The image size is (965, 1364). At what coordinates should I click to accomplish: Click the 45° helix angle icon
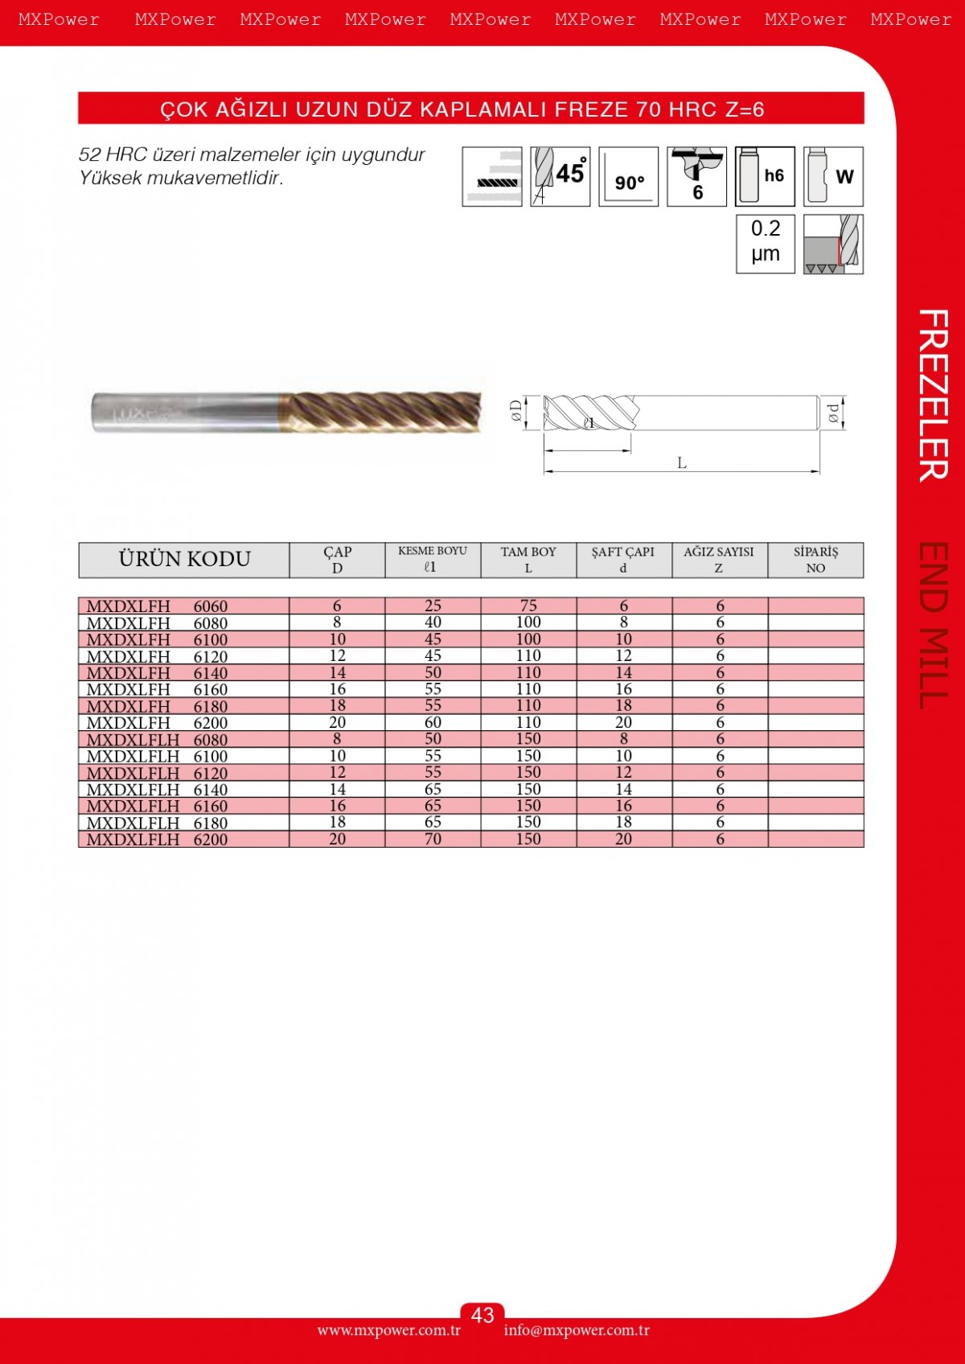pyautogui.click(x=561, y=176)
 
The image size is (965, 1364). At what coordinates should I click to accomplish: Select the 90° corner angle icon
pyautogui.click(x=628, y=176)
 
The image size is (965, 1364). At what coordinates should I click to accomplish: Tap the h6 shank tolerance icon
pyautogui.click(x=765, y=176)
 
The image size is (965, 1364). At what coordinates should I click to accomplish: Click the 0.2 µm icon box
pyautogui.click(x=766, y=244)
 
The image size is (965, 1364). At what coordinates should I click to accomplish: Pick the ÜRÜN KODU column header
pyautogui.click(x=184, y=559)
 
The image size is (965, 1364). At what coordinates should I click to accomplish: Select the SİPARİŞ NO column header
pyautogui.click(x=815, y=560)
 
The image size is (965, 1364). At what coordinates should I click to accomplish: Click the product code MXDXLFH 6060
pyautogui.click(x=157, y=606)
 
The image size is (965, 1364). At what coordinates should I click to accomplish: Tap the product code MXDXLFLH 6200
pyautogui.click(x=157, y=839)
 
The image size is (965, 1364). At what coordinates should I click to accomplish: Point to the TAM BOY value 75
pyautogui.click(x=528, y=606)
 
